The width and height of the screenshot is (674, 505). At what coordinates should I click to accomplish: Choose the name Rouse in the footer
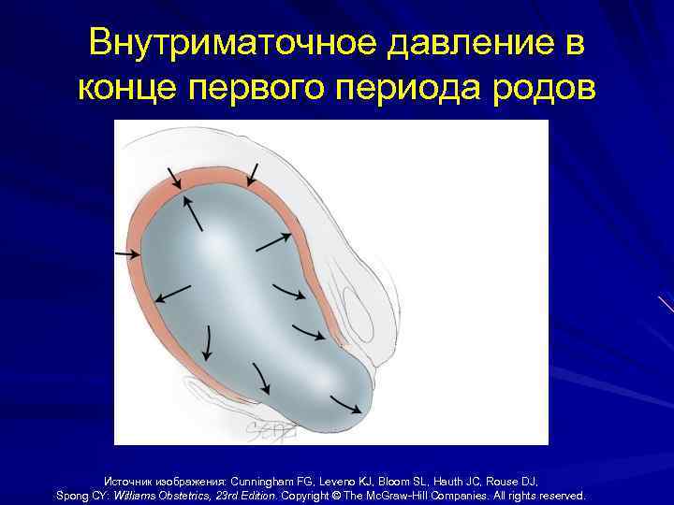coord(515,479)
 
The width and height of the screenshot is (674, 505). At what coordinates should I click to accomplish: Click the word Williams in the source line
coord(135,495)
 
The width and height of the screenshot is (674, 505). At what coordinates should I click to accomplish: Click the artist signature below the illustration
coord(272,430)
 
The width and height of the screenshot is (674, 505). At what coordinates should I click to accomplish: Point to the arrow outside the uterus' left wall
coord(125,252)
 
